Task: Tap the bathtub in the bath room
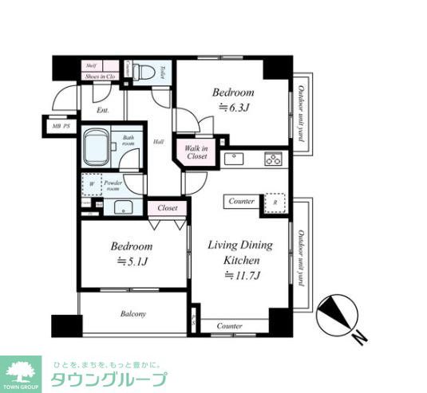pos(97,149)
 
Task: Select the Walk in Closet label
pos(196,152)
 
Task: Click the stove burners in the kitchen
pos(273,159)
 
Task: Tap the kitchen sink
pos(235,158)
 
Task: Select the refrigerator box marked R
pos(275,203)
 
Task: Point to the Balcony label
pos(132,314)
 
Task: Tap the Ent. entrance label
pos(102,111)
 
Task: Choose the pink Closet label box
pos(167,207)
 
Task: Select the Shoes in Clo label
pos(101,77)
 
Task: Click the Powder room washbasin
pos(124,209)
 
